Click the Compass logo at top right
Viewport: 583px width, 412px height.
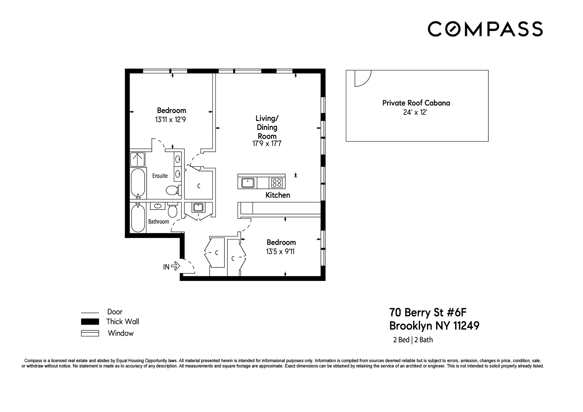point(485,29)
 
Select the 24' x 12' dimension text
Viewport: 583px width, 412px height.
point(415,112)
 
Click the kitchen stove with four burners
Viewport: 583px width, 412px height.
point(277,183)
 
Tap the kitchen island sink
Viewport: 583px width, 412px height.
point(248,183)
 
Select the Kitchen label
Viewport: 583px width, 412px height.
point(278,195)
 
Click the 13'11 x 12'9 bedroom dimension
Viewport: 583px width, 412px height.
point(170,120)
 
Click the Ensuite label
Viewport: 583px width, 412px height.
point(160,176)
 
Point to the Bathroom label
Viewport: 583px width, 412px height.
point(158,222)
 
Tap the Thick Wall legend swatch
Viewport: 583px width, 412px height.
point(90,322)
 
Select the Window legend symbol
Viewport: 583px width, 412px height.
point(90,333)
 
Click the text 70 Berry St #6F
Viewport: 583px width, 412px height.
point(428,313)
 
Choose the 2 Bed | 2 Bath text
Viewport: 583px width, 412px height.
point(413,340)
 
